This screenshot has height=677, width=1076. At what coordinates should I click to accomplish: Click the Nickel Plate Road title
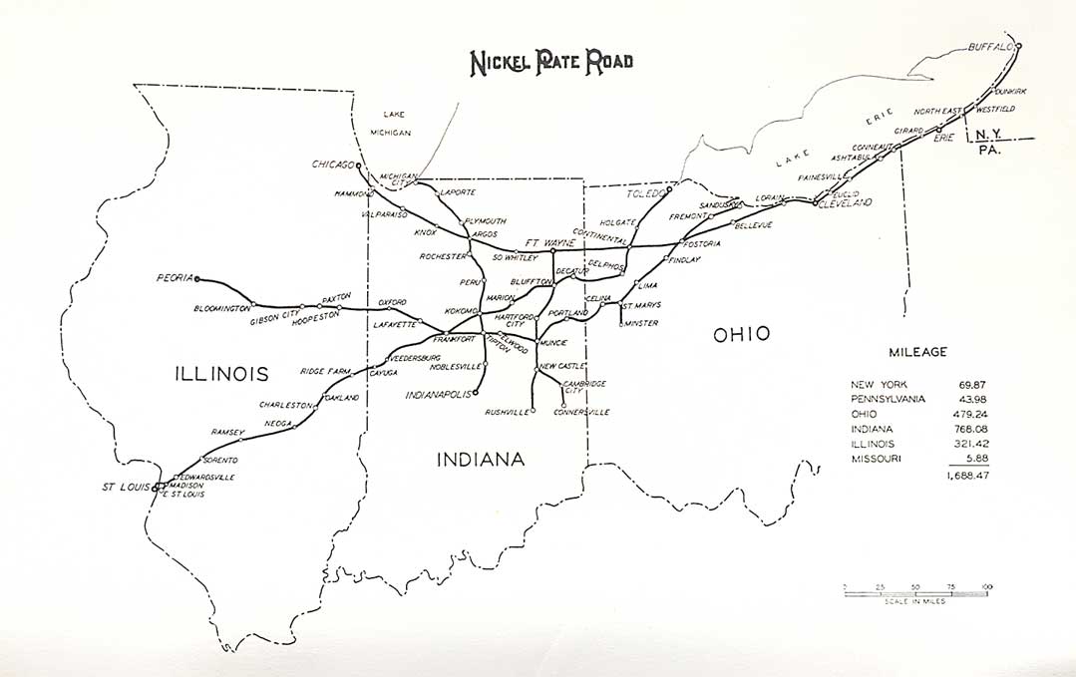pyautogui.click(x=550, y=62)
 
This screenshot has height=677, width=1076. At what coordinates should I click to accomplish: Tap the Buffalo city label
pyautogui.click(x=989, y=47)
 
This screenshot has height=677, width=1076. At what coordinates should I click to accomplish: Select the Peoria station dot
pyautogui.click(x=197, y=279)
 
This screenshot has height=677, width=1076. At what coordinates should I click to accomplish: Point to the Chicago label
pyautogui.click(x=332, y=165)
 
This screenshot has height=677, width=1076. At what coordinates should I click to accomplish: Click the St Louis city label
pyautogui.click(x=126, y=487)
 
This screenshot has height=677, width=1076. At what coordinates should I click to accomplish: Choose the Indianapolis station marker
pyautogui.click(x=476, y=393)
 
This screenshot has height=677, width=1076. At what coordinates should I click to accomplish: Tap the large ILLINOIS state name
pyautogui.click(x=221, y=374)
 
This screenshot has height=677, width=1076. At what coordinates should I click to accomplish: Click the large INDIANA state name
pyautogui.click(x=481, y=459)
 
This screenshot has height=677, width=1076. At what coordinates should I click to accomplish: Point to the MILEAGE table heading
pyautogui.click(x=918, y=351)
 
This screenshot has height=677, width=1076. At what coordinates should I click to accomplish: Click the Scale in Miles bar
pyautogui.click(x=917, y=593)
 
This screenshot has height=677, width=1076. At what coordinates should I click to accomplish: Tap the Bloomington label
pyautogui.click(x=222, y=308)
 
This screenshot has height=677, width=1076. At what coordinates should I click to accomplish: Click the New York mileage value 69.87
pyautogui.click(x=971, y=384)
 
